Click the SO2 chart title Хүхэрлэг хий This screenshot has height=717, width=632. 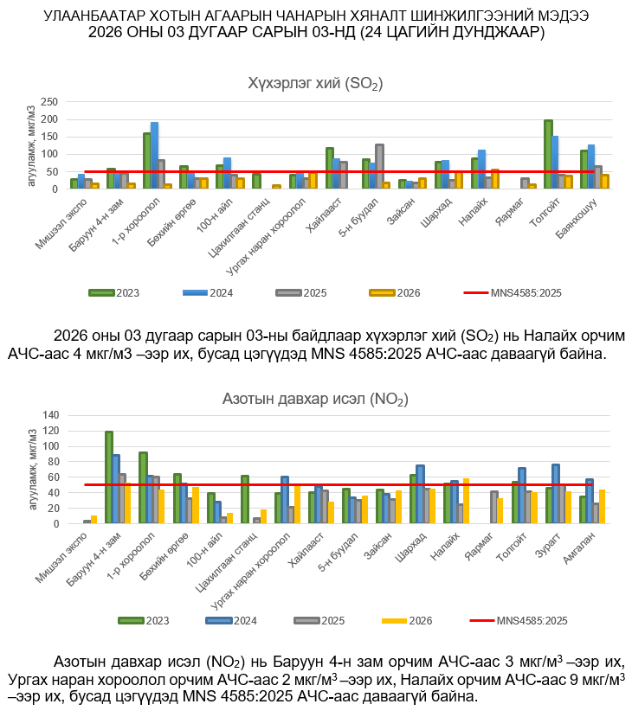(315, 83)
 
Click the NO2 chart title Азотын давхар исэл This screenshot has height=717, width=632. (315, 399)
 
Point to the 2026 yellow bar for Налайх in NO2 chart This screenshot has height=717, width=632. (466, 501)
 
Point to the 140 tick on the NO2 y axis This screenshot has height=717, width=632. (50, 415)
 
